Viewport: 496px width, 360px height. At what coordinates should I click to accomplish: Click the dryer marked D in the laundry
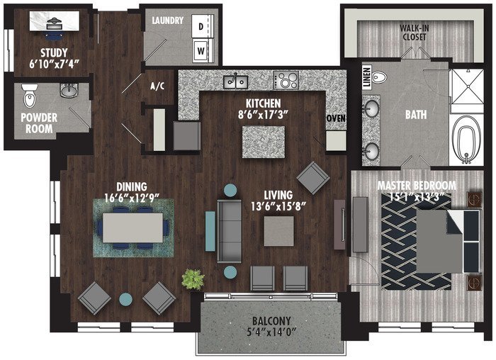point(201,26)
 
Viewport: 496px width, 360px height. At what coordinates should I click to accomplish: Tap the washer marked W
point(201,50)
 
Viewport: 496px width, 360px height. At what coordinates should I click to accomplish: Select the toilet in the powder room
point(30,96)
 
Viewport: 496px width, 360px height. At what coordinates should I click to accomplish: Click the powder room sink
point(68,91)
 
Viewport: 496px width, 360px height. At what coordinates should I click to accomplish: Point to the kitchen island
point(264,142)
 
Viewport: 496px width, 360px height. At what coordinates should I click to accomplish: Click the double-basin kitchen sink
point(236,81)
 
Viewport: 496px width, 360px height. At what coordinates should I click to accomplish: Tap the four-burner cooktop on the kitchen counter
point(286,80)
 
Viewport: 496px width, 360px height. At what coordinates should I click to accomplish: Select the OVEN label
point(336,118)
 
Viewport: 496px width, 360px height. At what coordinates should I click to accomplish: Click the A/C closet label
point(157,86)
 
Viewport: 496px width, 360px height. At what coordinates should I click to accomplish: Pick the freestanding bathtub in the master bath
point(466,139)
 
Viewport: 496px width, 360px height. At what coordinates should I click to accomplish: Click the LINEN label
point(366,77)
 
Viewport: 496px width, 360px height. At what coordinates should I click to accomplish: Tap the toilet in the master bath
point(379,77)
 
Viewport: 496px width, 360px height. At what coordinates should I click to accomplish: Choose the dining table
point(133,227)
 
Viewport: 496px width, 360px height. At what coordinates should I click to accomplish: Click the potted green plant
point(193,279)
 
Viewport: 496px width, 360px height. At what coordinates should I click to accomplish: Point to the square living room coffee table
point(278,231)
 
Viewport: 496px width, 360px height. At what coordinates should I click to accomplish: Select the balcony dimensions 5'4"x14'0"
point(271,332)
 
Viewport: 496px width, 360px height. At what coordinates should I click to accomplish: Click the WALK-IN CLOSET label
point(415,33)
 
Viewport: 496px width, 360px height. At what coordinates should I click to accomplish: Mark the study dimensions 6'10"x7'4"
point(54,64)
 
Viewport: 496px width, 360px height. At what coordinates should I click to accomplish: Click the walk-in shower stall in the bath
point(467,86)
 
